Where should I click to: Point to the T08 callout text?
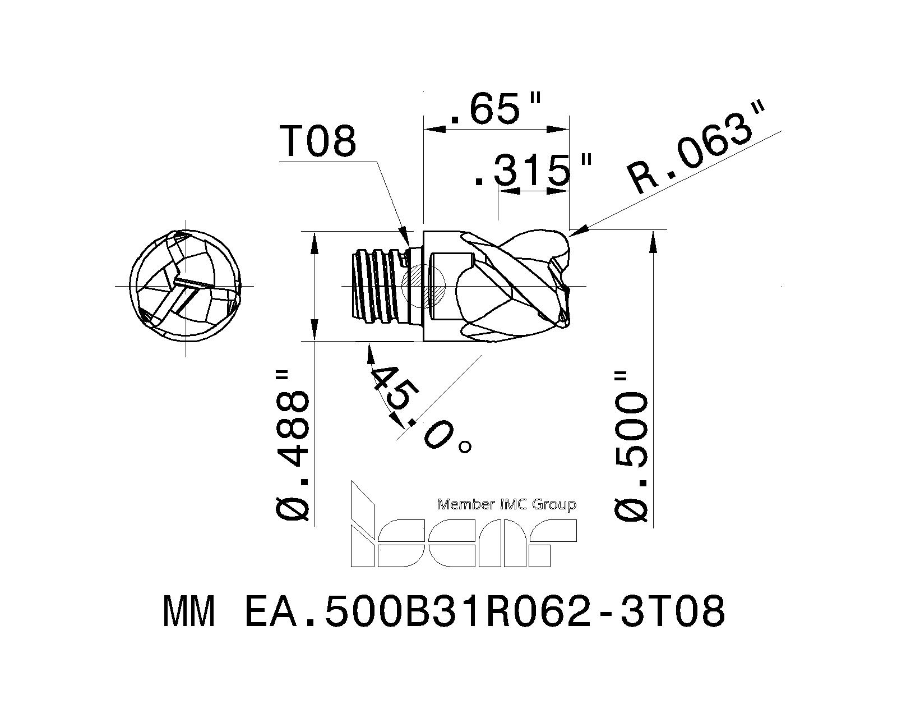tap(318, 141)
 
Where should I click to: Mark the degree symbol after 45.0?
tap(465, 447)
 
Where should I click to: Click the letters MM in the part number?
tap(189, 612)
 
